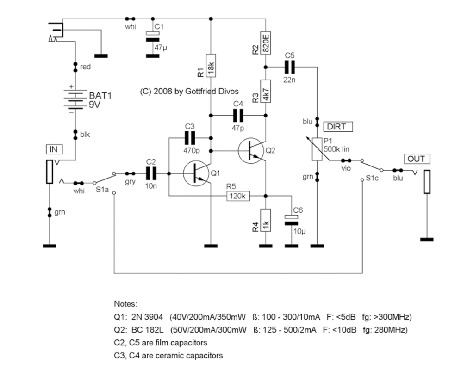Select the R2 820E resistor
point(266,43)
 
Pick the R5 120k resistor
point(238,196)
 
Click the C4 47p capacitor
point(238,114)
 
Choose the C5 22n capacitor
point(290,67)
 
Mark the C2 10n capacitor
point(151,173)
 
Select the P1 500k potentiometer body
point(318,149)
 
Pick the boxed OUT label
point(415,159)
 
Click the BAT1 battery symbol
point(75,98)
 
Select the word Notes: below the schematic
point(125,304)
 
